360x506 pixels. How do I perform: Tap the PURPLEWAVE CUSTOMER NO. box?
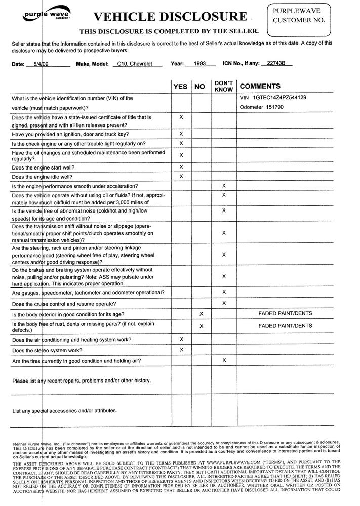(x=310, y=18)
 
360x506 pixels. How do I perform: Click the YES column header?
(x=180, y=87)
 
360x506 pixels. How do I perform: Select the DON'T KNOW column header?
(x=223, y=86)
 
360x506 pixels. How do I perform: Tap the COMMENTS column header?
(x=260, y=87)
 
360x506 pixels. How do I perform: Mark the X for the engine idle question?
(x=181, y=177)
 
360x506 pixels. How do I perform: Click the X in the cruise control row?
(x=224, y=303)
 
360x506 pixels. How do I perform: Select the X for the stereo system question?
(x=181, y=350)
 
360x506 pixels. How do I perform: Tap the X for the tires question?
(x=224, y=360)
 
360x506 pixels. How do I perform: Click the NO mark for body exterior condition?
(x=202, y=314)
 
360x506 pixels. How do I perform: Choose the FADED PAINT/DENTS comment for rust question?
(x=285, y=326)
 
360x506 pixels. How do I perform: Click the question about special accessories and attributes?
(x=65, y=410)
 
